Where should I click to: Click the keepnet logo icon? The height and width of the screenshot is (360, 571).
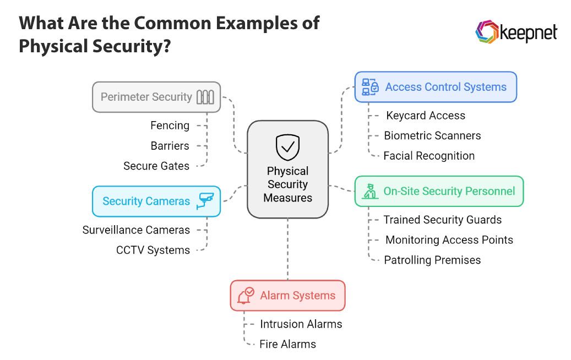(x=486, y=32)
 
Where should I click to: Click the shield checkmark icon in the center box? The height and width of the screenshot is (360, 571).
(x=287, y=147)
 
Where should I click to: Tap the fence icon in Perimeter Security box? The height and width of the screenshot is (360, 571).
(x=205, y=97)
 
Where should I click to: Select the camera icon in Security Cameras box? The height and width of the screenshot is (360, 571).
(x=206, y=200)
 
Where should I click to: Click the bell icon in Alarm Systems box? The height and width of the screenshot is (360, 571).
(x=245, y=296)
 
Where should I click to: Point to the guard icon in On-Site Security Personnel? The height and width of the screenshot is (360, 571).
(x=369, y=191)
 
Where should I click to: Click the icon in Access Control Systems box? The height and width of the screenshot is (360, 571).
(x=370, y=87)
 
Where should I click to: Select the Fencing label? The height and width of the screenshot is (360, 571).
(x=170, y=126)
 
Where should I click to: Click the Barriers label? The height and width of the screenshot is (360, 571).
(x=170, y=146)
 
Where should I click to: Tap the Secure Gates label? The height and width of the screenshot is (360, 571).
(x=156, y=166)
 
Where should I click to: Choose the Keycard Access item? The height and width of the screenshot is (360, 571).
(x=425, y=116)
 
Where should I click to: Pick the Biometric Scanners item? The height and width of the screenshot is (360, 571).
(x=432, y=135)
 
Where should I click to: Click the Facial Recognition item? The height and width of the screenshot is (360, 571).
(x=429, y=156)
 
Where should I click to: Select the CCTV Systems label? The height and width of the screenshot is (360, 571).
(x=153, y=250)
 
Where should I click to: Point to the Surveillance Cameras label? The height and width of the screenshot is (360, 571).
(x=136, y=230)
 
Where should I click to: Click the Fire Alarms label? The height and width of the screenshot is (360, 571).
(x=287, y=344)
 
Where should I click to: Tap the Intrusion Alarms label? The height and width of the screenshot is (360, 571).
(x=301, y=324)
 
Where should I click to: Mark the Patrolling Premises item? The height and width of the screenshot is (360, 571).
(x=432, y=260)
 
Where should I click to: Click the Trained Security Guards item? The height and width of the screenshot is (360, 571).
(x=442, y=220)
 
